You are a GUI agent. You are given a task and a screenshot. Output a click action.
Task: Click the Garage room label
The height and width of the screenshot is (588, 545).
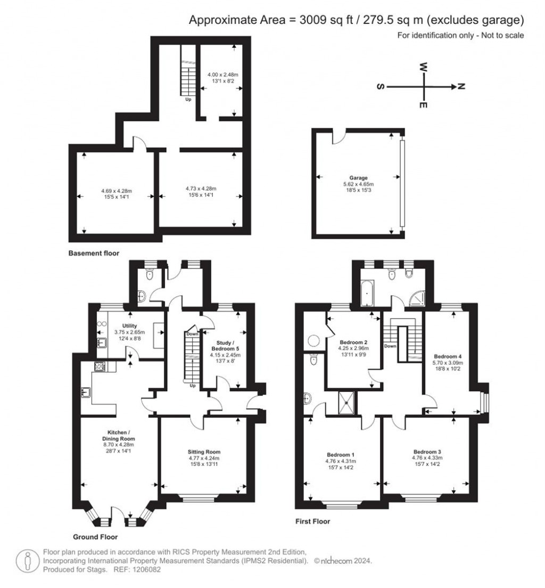[358, 178]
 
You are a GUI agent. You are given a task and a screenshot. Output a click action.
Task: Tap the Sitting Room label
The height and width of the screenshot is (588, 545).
[204, 452]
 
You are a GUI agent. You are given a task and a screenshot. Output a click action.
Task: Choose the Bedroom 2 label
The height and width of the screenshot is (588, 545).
[353, 342]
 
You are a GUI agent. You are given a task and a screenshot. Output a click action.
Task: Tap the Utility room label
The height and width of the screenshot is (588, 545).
[129, 326]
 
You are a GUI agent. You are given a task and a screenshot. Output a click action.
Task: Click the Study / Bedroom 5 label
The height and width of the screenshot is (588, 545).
[225, 346]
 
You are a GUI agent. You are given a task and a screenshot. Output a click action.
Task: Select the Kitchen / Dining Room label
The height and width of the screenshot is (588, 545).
[119, 435]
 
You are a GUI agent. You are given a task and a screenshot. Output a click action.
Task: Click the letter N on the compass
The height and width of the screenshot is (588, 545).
[461, 87]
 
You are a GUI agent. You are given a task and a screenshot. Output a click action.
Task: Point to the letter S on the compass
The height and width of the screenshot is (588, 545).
[381, 87]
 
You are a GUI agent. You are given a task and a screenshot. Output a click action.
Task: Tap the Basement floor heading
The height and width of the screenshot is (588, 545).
[94, 253]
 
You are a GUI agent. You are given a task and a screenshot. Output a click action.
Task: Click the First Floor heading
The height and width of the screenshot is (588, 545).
[312, 521]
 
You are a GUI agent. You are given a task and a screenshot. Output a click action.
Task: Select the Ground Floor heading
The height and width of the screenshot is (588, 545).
[95, 537]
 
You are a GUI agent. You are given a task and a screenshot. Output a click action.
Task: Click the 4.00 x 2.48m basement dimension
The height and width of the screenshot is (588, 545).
[223, 75]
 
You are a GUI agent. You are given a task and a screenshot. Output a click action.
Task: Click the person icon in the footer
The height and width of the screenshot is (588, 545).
[27, 561]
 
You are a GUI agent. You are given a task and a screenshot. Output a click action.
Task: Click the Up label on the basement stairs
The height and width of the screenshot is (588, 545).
[188, 100]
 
